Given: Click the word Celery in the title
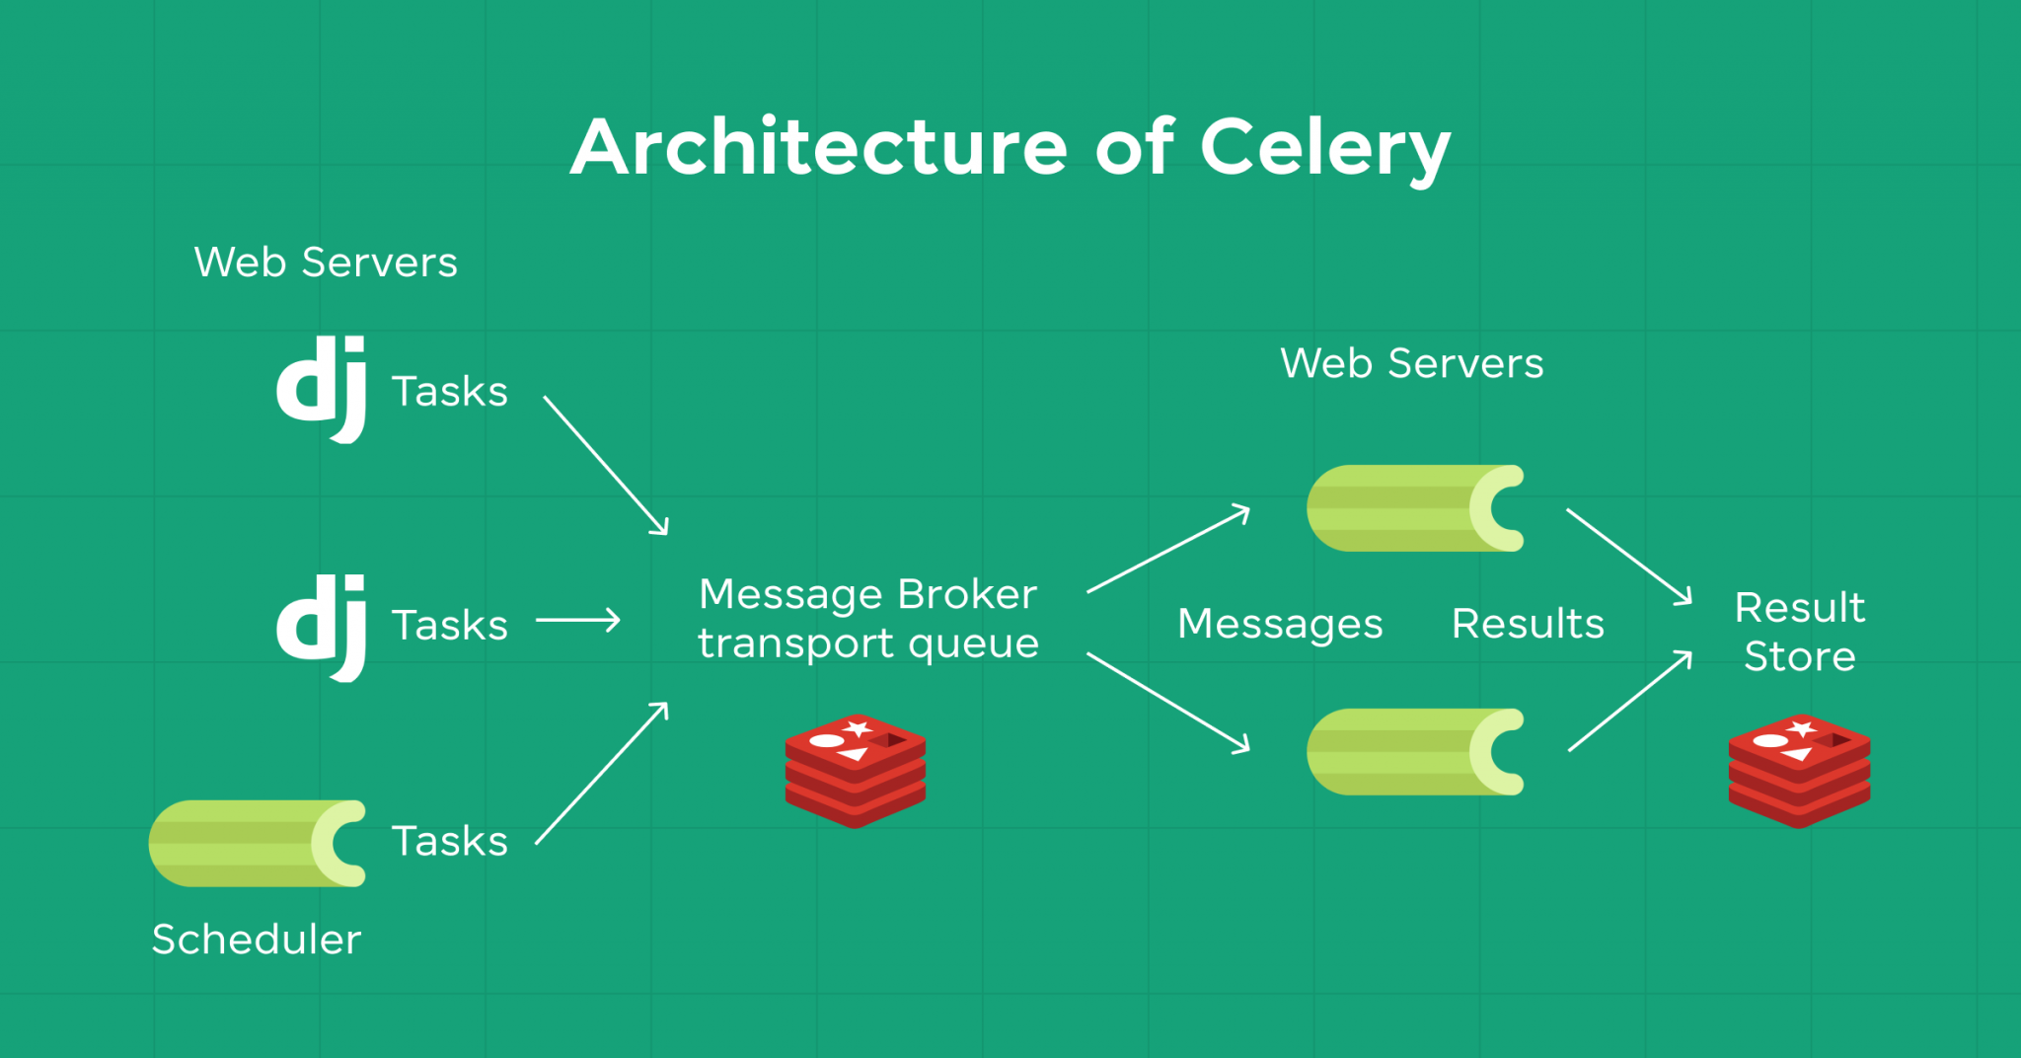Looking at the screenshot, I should click(1324, 148).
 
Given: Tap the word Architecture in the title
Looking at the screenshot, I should click(819, 148).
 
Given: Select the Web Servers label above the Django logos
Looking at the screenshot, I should click(326, 263).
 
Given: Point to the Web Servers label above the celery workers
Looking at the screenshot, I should click(1411, 363).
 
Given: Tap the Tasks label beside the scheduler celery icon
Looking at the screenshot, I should click(450, 841).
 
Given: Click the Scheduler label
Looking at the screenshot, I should click(257, 939).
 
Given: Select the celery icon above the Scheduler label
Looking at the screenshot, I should click(257, 843).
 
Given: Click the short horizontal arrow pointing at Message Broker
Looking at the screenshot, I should click(578, 621).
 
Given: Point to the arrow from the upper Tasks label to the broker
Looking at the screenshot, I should click(606, 465).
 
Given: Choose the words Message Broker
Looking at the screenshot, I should click(867, 594).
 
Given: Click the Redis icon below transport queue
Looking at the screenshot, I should click(856, 771).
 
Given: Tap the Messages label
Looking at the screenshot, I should click(1280, 624).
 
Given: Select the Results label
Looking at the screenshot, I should click(1528, 624).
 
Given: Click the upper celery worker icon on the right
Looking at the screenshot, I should click(1415, 508).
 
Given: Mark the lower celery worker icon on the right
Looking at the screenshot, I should click(1415, 752).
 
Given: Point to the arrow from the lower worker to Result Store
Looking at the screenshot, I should click(1630, 701).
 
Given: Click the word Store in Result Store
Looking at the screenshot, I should click(1799, 656).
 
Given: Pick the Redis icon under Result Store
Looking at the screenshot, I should click(1799, 771).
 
